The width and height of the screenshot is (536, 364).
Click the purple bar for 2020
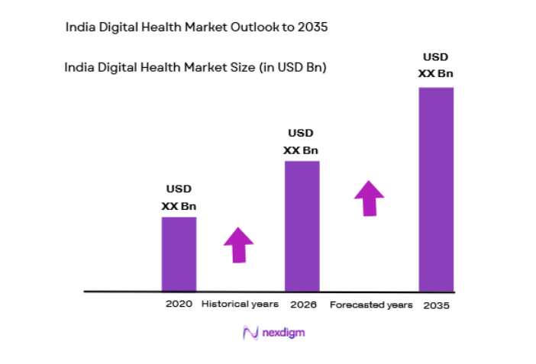click(x=179, y=253)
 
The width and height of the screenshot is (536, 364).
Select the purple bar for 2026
click(x=302, y=226)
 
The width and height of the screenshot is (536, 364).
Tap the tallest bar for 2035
click(x=436, y=188)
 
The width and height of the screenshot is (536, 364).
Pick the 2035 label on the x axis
click(x=438, y=305)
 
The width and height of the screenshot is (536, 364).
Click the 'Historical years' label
click(x=240, y=304)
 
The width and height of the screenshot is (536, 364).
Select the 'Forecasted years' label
click(x=371, y=304)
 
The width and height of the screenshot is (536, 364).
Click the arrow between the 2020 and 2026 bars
click(x=238, y=245)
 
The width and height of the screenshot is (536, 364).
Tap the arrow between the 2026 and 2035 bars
click(x=370, y=198)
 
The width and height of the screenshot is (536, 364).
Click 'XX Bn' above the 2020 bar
click(x=179, y=206)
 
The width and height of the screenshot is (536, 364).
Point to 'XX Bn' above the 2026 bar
click(x=301, y=150)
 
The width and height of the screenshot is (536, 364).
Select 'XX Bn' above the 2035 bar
click(x=436, y=74)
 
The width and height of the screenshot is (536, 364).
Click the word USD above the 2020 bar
click(x=179, y=189)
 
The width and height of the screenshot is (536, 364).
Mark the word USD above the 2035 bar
click(x=436, y=57)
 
